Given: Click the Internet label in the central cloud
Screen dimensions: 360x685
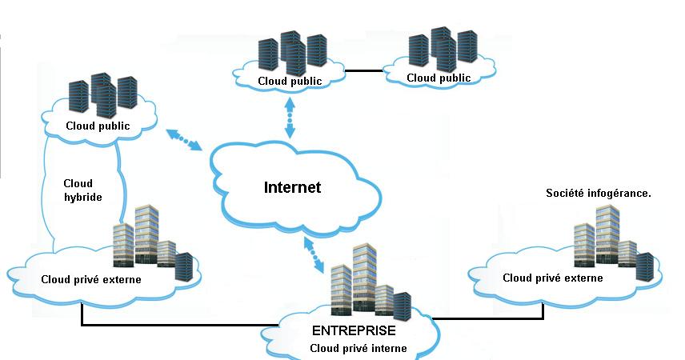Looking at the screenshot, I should (292, 188).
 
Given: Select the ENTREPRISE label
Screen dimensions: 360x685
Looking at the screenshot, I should (354, 330).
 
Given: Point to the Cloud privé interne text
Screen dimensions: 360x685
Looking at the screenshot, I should (359, 348).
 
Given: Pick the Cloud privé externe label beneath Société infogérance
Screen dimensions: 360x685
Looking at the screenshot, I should (552, 278).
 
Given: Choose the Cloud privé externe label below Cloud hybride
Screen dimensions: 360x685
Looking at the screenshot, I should (90, 279).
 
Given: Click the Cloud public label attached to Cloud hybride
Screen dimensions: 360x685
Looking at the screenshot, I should (98, 126).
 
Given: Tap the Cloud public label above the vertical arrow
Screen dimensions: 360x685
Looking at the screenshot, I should (290, 81).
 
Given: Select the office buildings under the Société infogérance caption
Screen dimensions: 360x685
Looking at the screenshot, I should (612, 240).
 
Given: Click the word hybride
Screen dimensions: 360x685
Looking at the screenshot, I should (82, 197).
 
